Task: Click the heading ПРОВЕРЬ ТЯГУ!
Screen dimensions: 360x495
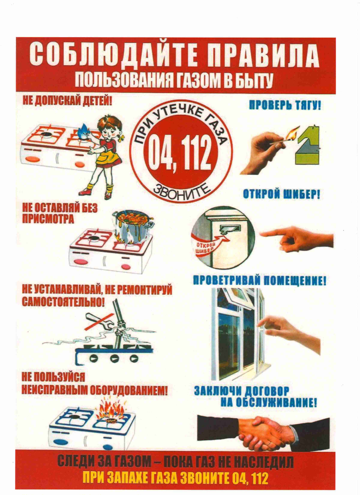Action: coord(285,106)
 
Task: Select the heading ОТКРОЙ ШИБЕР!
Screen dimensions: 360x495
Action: coord(282,194)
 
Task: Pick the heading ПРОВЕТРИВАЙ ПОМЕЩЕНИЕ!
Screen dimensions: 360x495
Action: coord(259,280)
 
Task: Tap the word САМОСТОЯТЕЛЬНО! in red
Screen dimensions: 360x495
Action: coord(63,301)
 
